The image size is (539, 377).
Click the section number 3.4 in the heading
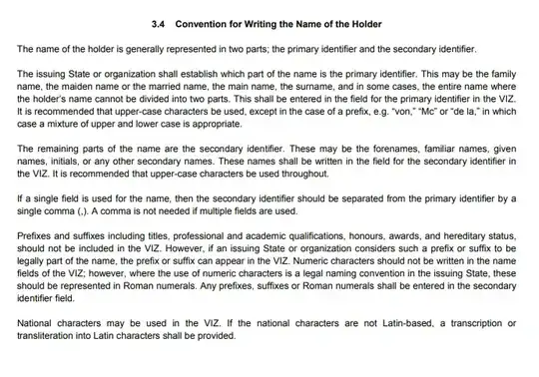pos(158,22)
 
